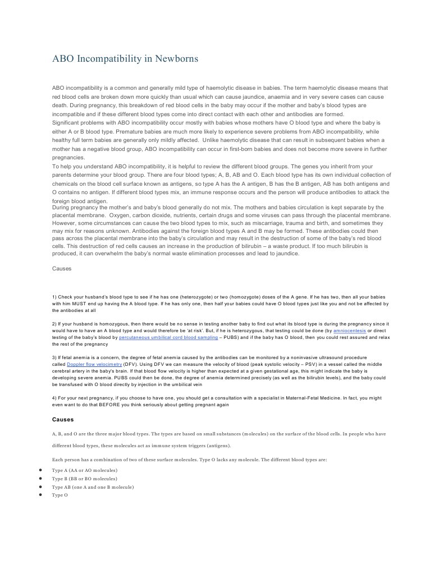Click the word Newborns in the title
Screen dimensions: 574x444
point(173,58)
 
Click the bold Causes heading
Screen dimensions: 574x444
point(63,419)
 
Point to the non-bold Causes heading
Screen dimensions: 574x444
point(62,268)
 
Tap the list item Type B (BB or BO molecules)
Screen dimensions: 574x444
point(85,479)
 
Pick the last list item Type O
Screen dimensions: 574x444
point(59,495)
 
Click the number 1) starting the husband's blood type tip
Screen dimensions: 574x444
point(54,296)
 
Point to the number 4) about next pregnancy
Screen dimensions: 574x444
point(54,398)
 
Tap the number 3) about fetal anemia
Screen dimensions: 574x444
point(54,357)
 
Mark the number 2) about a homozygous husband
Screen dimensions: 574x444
point(54,324)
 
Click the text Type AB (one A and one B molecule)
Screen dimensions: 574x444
point(93,487)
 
